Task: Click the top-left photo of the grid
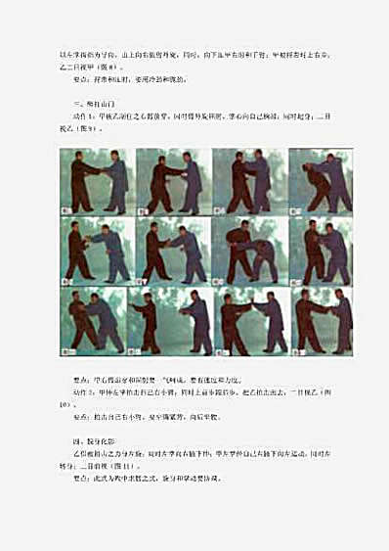click(98, 181)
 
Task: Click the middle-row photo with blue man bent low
click(250, 251)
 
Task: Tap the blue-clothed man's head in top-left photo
click(112, 155)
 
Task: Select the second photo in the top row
click(173, 181)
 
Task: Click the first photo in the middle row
click(98, 251)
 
